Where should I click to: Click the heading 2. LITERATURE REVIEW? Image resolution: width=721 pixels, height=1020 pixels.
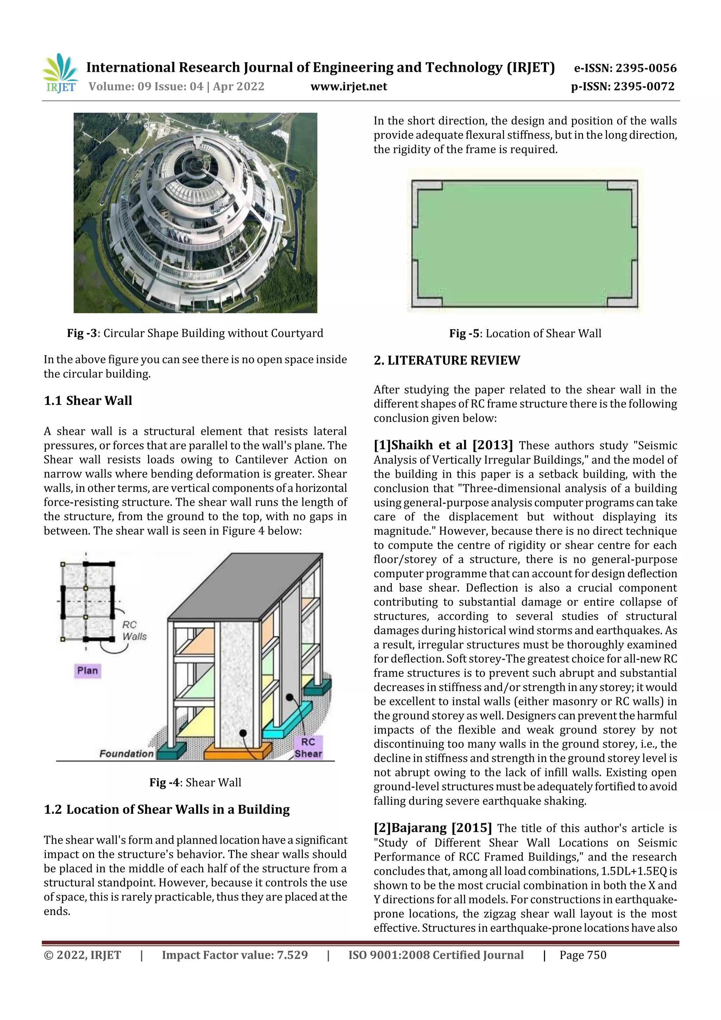coord(446,360)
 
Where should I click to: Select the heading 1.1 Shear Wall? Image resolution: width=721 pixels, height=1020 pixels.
coord(88,401)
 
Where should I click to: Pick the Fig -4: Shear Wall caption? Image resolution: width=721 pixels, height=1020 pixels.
coord(195,782)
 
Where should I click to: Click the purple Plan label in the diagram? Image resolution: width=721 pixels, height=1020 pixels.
coord(88,670)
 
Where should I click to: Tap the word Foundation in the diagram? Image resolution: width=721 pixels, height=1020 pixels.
coord(126,753)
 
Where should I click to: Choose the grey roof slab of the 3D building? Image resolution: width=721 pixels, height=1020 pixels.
coord(244,587)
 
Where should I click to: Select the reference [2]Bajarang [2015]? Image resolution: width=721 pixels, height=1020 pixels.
coord(432,828)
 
